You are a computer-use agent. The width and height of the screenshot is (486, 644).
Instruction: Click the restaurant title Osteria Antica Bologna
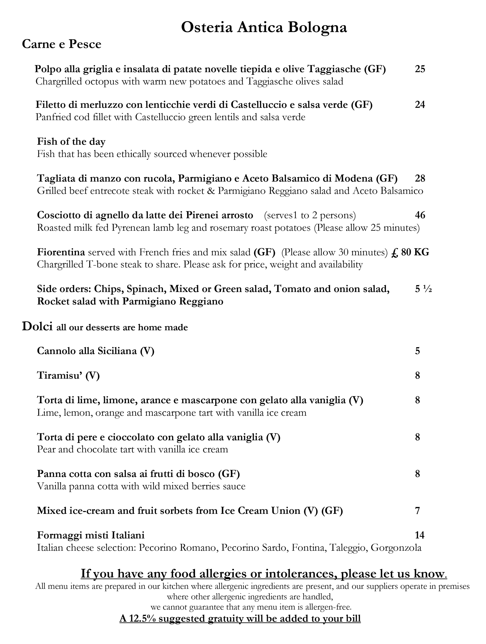point(264,28)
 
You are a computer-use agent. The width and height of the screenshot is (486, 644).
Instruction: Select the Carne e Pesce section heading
point(61,44)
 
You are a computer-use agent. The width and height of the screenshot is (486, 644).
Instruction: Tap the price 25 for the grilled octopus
point(420,69)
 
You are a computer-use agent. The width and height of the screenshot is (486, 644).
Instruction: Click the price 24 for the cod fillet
point(420,104)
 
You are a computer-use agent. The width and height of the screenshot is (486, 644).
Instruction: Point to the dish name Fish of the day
point(71,141)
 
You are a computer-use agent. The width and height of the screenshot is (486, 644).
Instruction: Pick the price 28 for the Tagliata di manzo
point(420,178)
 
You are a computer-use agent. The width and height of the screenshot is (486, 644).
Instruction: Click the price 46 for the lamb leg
point(420,215)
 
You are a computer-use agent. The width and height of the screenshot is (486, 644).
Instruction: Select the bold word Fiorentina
point(61,252)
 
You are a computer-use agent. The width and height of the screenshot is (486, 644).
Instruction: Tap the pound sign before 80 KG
point(395,252)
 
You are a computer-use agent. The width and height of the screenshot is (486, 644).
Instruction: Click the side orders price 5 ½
point(423,289)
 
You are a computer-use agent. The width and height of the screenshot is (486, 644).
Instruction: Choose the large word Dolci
point(37,326)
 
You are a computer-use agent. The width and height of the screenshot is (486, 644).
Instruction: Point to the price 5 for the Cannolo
point(418,351)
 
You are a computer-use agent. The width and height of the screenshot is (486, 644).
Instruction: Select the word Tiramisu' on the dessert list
point(60,375)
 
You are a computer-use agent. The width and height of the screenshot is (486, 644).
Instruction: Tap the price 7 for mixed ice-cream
point(418,511)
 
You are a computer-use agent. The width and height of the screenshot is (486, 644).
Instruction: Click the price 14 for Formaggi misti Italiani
point(420,535)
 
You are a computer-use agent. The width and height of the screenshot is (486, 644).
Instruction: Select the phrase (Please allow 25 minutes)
point(367,228)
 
